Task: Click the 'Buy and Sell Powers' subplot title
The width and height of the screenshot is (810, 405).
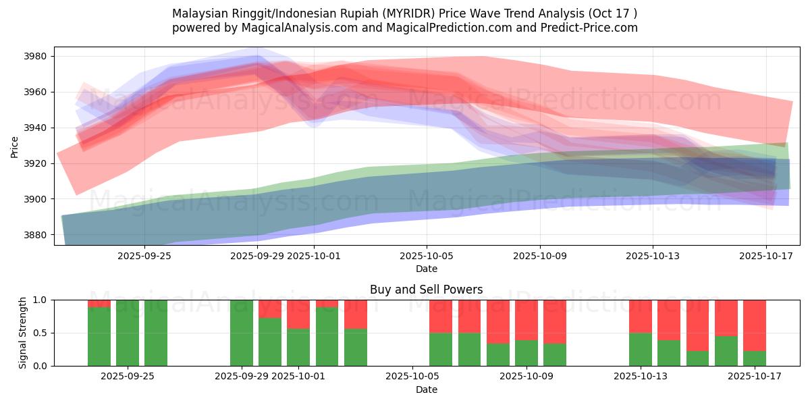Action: pos(426,290)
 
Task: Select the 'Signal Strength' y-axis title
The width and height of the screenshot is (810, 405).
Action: pos(24,333)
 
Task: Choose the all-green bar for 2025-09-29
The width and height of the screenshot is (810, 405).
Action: pos(242,333)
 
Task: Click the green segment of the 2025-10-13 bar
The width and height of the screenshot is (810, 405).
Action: pos(641,349)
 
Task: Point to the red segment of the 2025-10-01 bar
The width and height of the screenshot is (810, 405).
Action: pos(298,314)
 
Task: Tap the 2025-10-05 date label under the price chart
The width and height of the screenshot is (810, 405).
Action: pos(427,256)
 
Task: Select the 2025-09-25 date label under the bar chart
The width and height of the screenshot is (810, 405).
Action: pos(128,376)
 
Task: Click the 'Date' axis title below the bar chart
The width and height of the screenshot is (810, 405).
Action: pos(426,389)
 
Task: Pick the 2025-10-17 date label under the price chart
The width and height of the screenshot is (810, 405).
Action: pos(766,256)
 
